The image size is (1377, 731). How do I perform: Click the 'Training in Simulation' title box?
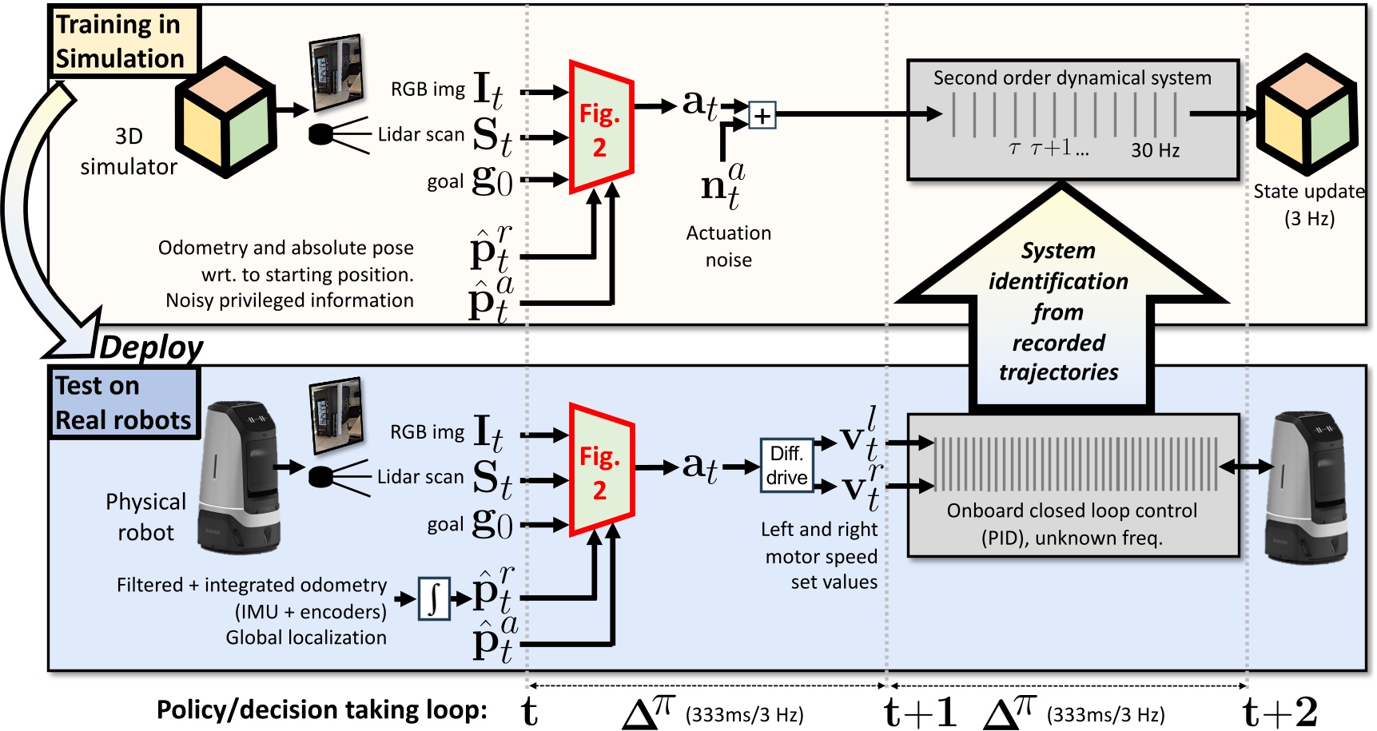122,42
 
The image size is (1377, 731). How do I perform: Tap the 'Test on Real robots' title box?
122,403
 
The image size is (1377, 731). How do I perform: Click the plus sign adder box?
762,116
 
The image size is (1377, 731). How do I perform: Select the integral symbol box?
434,598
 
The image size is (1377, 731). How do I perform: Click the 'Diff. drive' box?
786,465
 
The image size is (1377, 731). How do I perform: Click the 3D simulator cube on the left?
225,117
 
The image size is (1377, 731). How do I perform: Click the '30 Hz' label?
1155,150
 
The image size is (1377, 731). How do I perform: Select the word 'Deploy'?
151,348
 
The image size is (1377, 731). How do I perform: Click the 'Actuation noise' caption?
728,246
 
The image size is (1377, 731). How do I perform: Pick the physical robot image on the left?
239,479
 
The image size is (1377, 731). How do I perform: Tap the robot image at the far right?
1306,487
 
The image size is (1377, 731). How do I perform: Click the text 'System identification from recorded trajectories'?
1058,312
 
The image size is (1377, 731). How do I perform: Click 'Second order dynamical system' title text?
1072,77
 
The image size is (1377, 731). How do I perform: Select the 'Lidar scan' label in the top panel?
420,134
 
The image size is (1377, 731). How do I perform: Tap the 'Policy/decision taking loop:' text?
321,709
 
